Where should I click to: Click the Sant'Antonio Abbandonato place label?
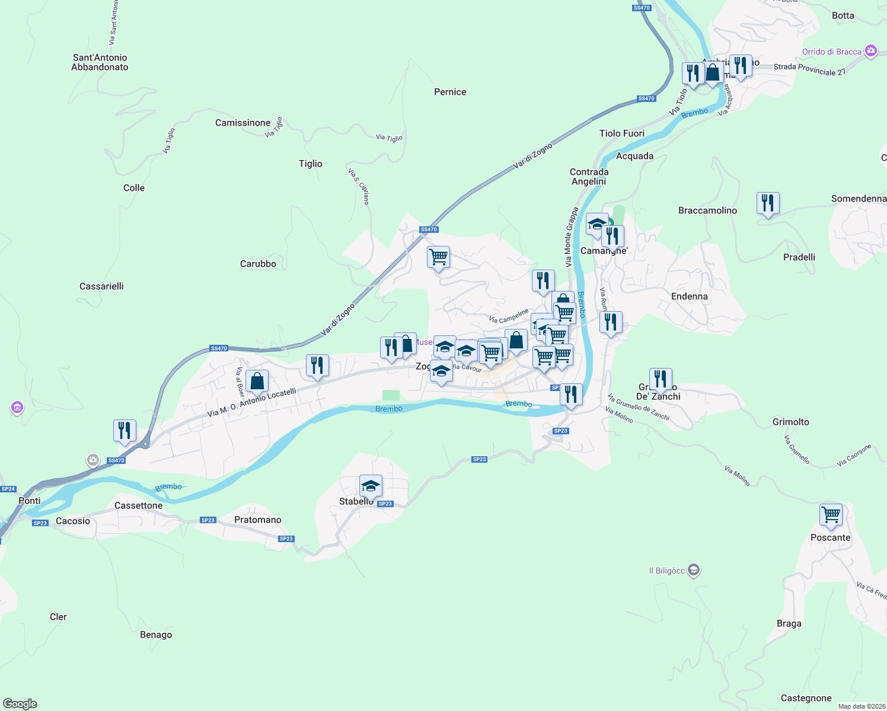tap(100, 62)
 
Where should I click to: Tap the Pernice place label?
tap(450, 92)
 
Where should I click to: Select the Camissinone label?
tap(243, 123)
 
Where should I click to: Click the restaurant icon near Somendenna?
tap(768, 203)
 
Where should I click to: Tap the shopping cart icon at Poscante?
tap(831, 514)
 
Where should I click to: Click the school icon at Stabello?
tap(371, 486)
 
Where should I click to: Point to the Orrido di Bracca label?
tap(831, 52)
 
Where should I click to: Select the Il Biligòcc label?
tap(667, 571)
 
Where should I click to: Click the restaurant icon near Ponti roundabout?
tap(125, 430)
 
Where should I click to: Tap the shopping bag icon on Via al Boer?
tap(257, 381)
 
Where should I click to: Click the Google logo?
tap(20, 703)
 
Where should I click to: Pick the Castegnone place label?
tap(806, 698)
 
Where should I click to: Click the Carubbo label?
tap(258, 264)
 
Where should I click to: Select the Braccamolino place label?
tap(707, 210)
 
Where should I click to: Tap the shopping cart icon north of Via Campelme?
tap(438, 257)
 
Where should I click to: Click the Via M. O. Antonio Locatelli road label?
tap(251, 403)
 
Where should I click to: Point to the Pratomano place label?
tap(257, 520)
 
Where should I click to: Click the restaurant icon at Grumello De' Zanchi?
tap(661, 379)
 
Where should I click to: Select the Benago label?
tap(156, 635)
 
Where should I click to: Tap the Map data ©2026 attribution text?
tap(861, 706)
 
